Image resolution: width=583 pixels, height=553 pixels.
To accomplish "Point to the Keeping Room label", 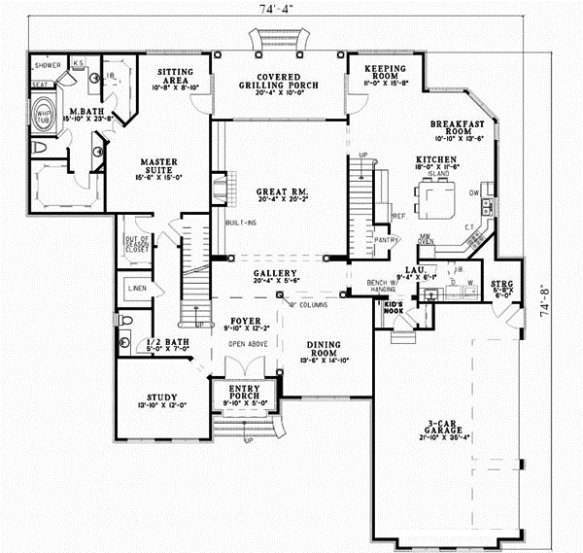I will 384,73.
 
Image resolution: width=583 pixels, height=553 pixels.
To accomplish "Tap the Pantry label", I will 387,237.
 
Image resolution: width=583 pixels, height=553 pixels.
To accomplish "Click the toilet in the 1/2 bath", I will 123,320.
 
